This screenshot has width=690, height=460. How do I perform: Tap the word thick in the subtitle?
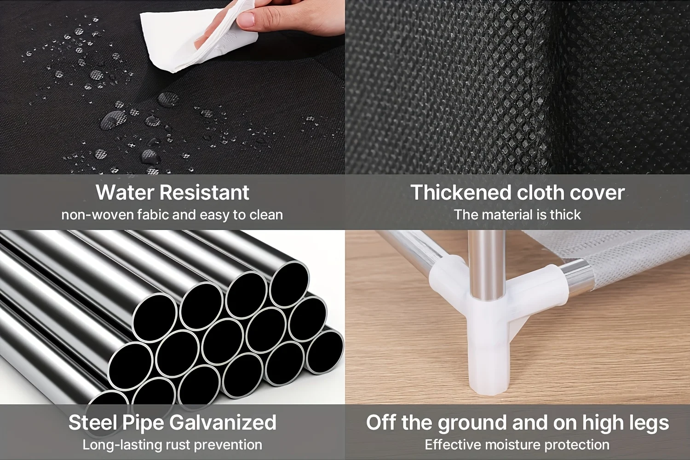coord(565,215)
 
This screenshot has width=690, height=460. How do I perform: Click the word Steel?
coord(92,423)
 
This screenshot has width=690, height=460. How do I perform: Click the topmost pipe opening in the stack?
coord(289,282)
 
